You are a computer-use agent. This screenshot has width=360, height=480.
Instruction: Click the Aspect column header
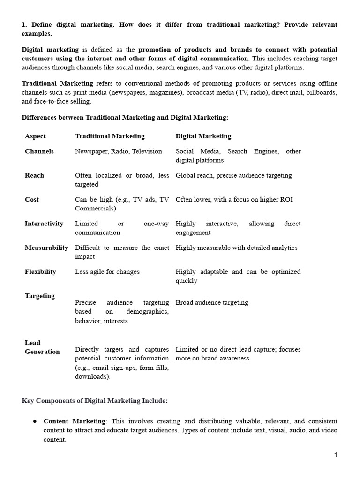pos(35,136)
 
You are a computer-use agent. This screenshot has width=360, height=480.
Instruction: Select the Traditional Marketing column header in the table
pos(110,136)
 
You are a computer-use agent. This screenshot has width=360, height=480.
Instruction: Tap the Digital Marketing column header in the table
pos(203,136)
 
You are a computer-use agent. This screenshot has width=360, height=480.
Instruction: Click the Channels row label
pos(39,151)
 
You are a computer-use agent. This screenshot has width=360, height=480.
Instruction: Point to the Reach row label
pos(34,175)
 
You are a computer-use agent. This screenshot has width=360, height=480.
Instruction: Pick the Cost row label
pos(32,200)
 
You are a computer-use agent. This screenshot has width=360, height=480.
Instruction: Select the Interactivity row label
pos(44,224)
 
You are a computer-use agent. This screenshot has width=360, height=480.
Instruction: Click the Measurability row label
pos(46,247)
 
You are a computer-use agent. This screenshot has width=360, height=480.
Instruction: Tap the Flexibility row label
pos(40,272)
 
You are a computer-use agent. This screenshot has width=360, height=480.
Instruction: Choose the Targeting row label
pos(39,296)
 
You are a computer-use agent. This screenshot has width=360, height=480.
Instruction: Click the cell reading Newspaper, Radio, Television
pos(119,151)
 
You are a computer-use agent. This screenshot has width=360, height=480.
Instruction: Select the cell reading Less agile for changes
pos(107,272)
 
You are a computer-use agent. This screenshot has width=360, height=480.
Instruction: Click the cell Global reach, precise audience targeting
pos(233,175)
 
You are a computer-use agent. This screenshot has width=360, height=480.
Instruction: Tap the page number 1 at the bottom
pos(336,455)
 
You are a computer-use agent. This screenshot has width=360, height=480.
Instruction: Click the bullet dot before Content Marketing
pos(35,421)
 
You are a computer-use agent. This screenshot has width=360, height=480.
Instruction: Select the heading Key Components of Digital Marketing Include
pos(95,401)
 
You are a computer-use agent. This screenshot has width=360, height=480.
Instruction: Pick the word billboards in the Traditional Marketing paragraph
pos(322,93)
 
